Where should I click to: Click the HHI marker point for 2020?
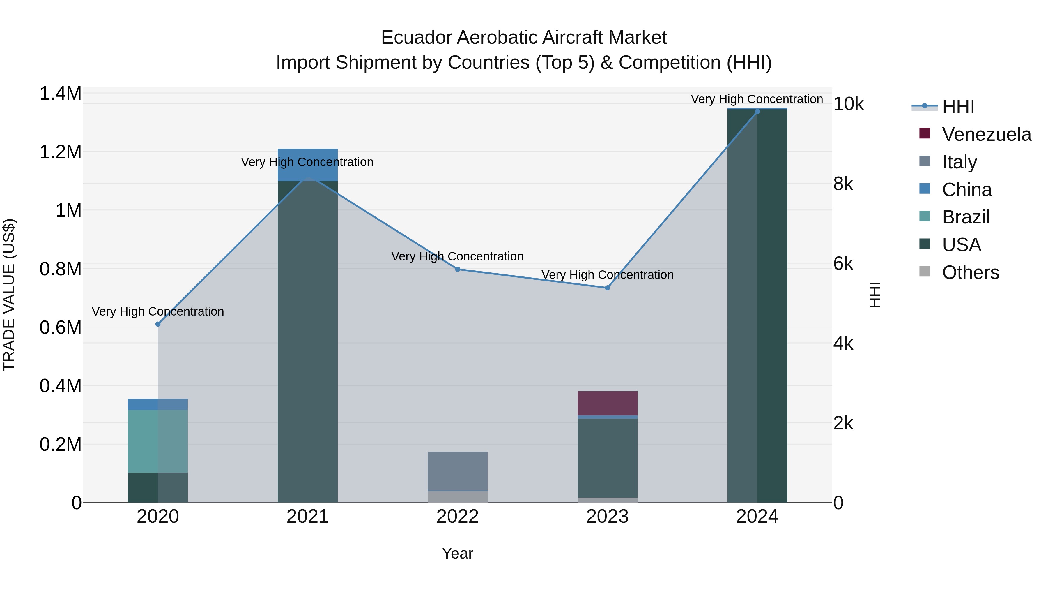coord(158,324)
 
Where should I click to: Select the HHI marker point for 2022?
coord(457,269)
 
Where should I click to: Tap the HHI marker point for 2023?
coord(607,288)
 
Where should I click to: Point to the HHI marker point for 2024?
coord(757,112)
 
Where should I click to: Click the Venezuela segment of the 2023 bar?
coord(607,403)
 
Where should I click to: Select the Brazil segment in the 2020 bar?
coord(158,441)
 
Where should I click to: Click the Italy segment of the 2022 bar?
coord(457,471)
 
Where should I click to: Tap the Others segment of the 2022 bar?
coord(457,497)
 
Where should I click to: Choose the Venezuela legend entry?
coord(986,134)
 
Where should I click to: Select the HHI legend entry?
coord(958,107)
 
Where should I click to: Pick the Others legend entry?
coord(970,272)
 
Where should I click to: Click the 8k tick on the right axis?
coord(843,184)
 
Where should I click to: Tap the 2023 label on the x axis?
coord(607,517)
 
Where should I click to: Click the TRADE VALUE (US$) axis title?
coord(9,295)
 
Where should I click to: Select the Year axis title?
coord(457,553)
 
